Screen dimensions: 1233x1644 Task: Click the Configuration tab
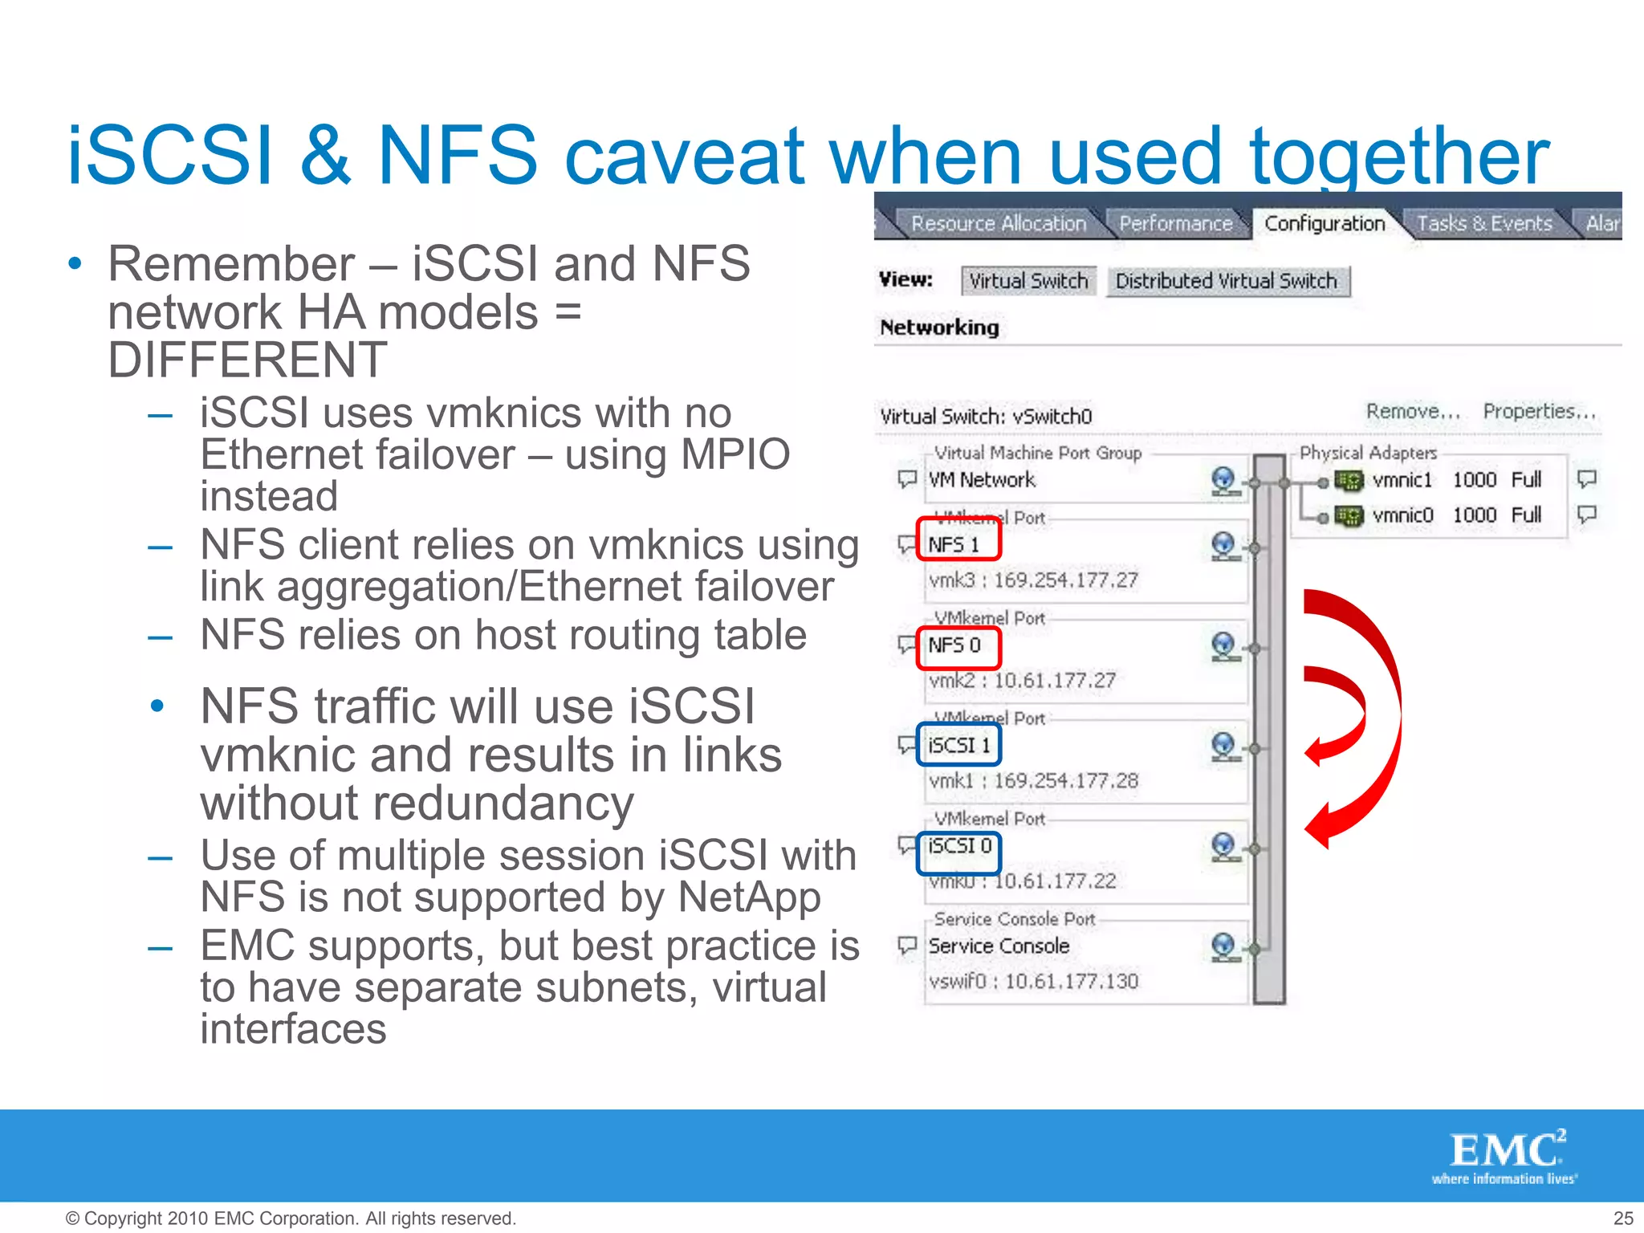coord(1325,223)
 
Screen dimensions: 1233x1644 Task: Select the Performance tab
coord(1175,223)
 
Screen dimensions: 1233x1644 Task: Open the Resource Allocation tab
coord(998,223)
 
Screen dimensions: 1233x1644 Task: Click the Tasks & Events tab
coord(1483,223)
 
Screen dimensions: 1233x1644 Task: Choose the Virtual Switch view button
coord(1028,281)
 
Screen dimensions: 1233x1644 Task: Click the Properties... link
coord(1539,412)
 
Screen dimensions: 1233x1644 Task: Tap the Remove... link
coord(1413,412)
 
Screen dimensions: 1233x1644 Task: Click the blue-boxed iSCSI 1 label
coord(958,746)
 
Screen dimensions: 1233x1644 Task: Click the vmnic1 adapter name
coord(1402,480)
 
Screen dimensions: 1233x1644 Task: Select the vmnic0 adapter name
coord(1402,515)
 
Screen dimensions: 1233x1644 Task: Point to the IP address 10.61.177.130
coord(1072,982)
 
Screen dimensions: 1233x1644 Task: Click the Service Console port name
coord(999,946)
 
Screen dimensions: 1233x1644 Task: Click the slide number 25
coord(1622,1218)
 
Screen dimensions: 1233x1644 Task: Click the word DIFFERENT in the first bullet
coord(247,360)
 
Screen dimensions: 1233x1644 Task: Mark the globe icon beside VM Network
coord(1223,480)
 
